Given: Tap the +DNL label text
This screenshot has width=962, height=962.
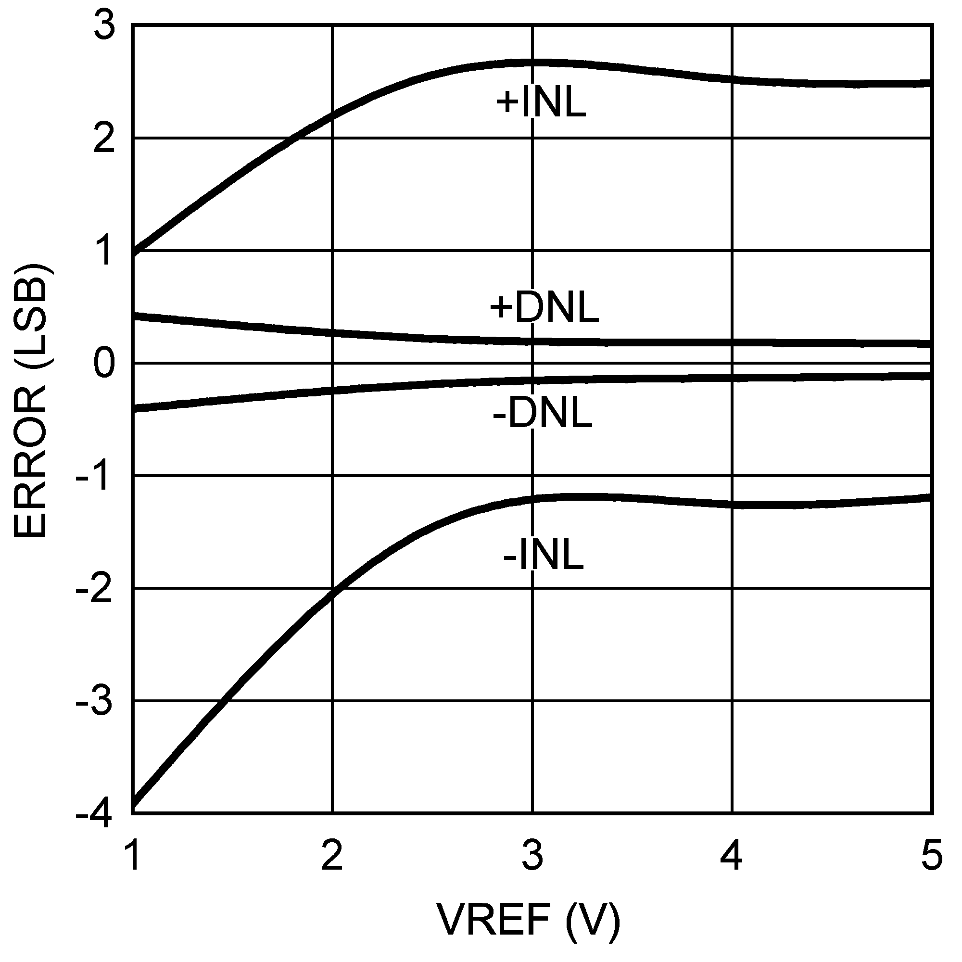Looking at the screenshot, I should coord(544,308).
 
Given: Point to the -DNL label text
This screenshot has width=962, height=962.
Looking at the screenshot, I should coord(542,415).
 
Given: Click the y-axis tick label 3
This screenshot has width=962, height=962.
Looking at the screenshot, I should coord(104,26).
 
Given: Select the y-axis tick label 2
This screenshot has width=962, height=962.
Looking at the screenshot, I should coord(104,139).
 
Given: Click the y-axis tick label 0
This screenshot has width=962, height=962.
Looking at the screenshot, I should coord(104,364).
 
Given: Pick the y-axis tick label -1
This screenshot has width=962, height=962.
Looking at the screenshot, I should coord(95,478).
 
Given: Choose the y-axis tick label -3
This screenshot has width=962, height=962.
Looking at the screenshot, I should coord(95,703).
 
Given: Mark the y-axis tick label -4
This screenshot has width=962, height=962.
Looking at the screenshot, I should coord(95,815).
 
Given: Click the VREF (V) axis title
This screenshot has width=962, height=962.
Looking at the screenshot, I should coord(529,919).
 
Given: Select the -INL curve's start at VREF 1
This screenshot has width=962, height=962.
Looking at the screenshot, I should coord(133,809).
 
